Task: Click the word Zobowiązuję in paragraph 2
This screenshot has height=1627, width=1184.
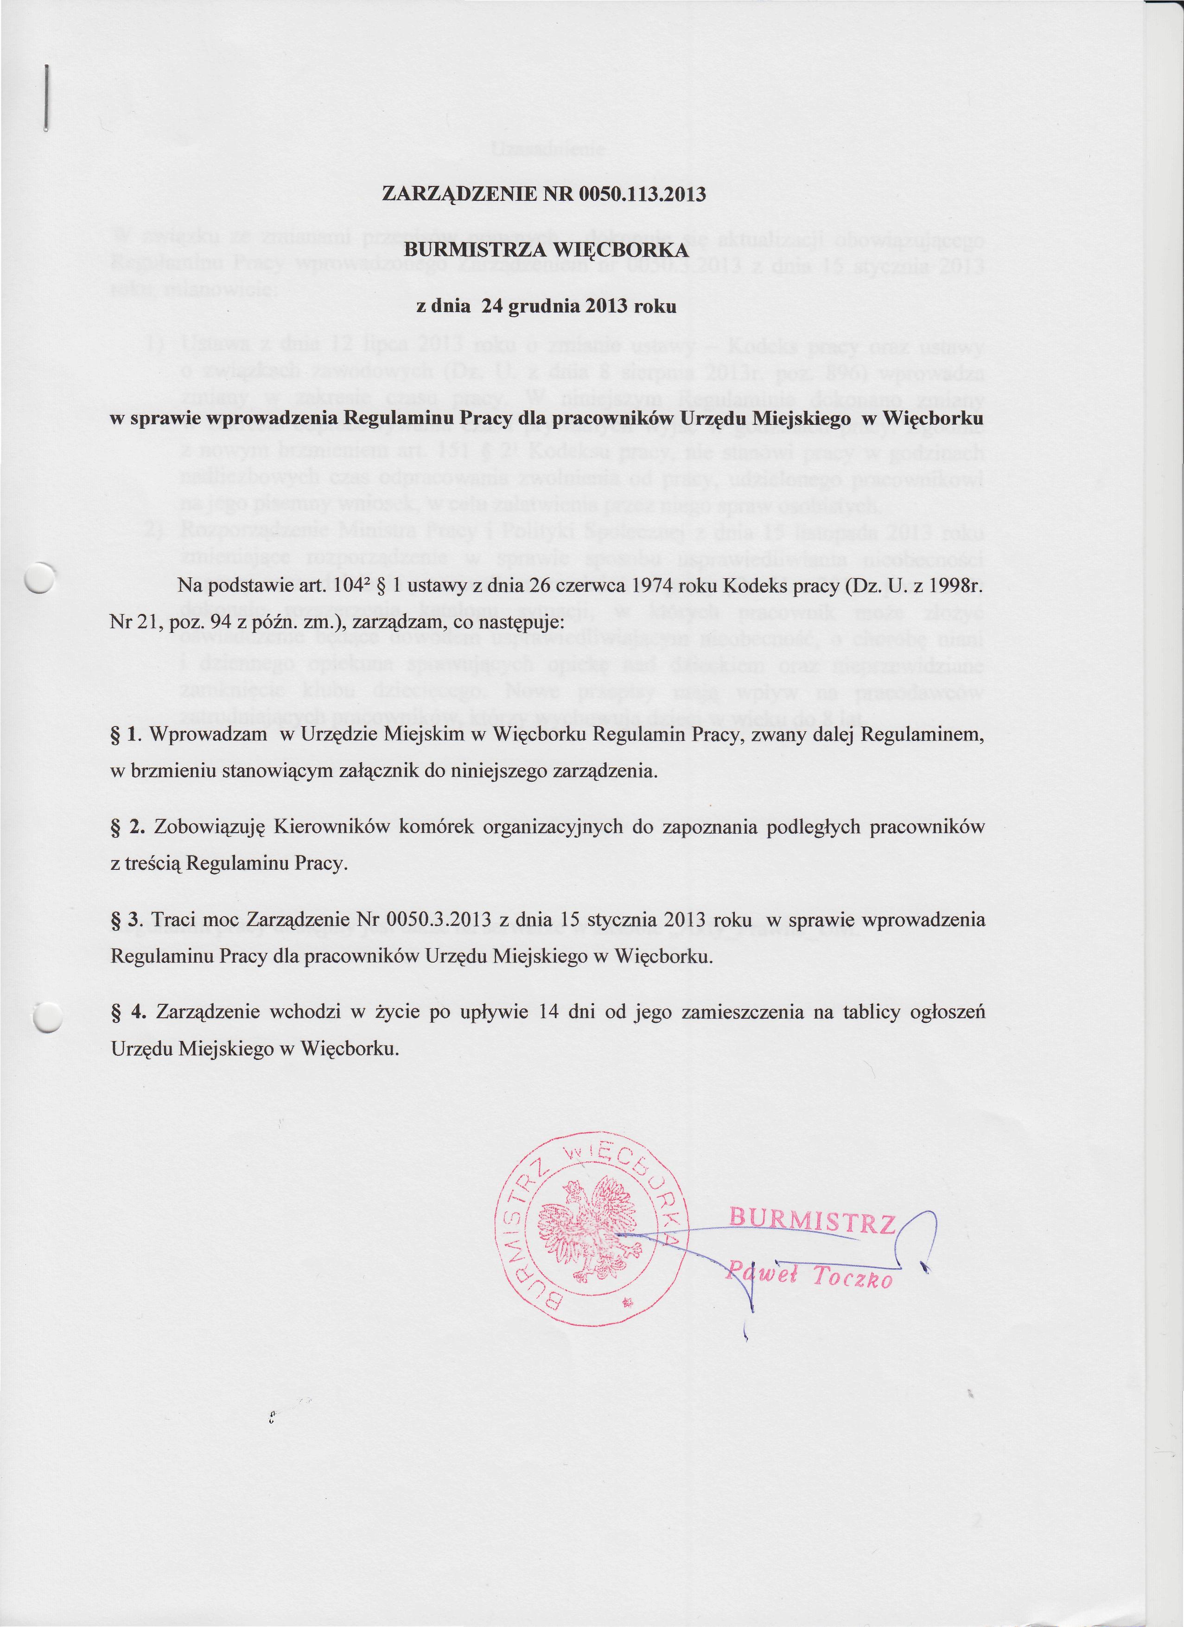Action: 210,827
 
